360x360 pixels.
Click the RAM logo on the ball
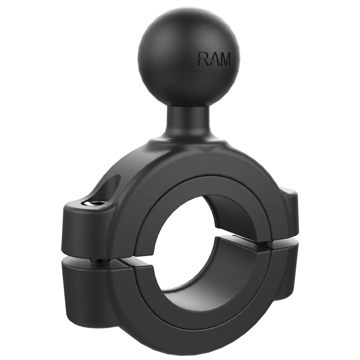214,59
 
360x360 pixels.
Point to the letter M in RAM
224,59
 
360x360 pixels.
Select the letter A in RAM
213,59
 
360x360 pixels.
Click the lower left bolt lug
85,288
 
